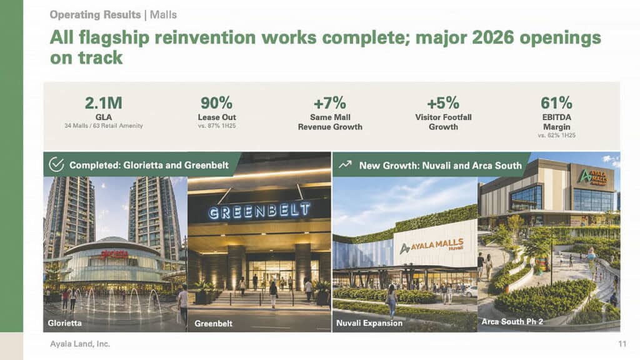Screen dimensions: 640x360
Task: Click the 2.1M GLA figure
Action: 103,103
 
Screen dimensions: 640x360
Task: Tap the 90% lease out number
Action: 216,103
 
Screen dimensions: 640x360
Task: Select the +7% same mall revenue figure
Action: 330,103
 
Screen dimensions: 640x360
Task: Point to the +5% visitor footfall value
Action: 443,103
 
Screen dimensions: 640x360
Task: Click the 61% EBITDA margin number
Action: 556,103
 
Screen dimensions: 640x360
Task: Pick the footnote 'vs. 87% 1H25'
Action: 217,126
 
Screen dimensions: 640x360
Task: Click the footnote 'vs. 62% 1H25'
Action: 556,135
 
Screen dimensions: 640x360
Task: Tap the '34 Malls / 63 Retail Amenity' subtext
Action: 104,126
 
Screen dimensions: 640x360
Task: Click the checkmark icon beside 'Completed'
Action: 56,164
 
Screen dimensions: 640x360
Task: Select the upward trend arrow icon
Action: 345,164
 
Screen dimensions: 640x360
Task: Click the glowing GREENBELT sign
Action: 259,211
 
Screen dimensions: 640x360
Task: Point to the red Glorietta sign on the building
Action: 115,254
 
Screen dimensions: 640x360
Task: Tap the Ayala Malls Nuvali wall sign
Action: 432,246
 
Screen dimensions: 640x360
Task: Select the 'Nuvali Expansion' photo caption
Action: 369,323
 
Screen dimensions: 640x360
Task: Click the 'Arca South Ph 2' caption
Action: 512,322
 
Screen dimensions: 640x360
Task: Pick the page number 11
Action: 622,344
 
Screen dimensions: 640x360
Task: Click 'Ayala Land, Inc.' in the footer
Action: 80,344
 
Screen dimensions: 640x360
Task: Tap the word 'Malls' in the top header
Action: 163,15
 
